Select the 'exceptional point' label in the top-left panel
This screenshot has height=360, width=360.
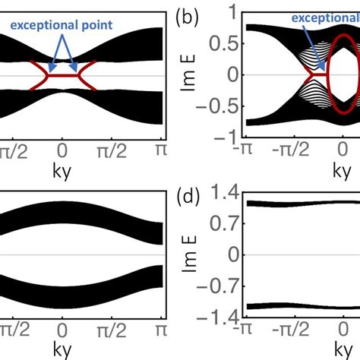(61, 24)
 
